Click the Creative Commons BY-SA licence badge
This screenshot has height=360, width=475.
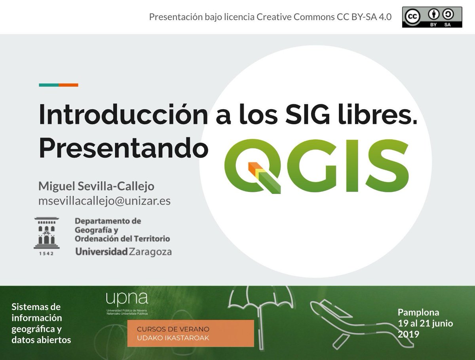[x=432, y=17]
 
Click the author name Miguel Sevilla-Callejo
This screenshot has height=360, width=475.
[x=96, y=186]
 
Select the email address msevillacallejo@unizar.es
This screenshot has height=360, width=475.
[x=104, y=201]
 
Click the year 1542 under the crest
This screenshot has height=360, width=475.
[x=47, y=254]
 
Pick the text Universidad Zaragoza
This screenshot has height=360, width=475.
[x=123, y=252]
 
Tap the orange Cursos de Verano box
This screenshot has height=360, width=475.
[x=190, y=333]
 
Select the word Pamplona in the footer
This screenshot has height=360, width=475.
[x=418, y=313]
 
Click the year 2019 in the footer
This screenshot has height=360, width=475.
[x=408, y=334]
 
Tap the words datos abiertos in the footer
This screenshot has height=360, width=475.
[x=41, y=340]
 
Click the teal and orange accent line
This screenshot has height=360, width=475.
[x=58, y=85]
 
